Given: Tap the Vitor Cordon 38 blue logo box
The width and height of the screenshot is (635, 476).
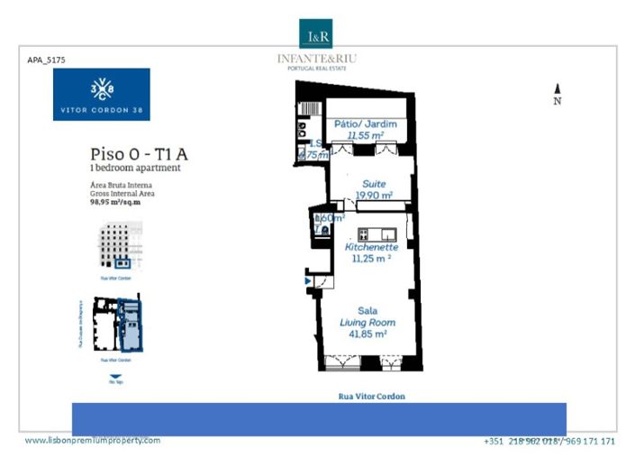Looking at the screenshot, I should click(x=101, y=95).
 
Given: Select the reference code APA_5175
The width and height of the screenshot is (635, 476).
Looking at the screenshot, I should click(x=47, y=60).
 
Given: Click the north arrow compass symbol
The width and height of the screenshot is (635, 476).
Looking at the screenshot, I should click(x=558, y=89).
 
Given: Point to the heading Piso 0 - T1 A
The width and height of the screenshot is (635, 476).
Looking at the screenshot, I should click(x=139, y=154).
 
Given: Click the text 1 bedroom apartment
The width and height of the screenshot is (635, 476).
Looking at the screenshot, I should click(x=135, y=168).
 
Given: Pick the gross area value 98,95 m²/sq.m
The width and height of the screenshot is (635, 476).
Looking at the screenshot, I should click(x=115, y=203).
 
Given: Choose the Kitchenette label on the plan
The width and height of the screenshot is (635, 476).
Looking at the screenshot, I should click(x=372, y=247).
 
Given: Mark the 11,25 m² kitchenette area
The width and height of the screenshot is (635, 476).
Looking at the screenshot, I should click(x=368, y=258).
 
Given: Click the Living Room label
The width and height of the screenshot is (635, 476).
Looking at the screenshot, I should click(x=367, y=322).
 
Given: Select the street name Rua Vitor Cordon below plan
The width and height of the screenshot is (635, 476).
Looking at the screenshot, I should click(x=371, y=397).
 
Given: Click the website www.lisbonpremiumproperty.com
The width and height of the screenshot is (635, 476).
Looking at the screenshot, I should click(x=93, y=440).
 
